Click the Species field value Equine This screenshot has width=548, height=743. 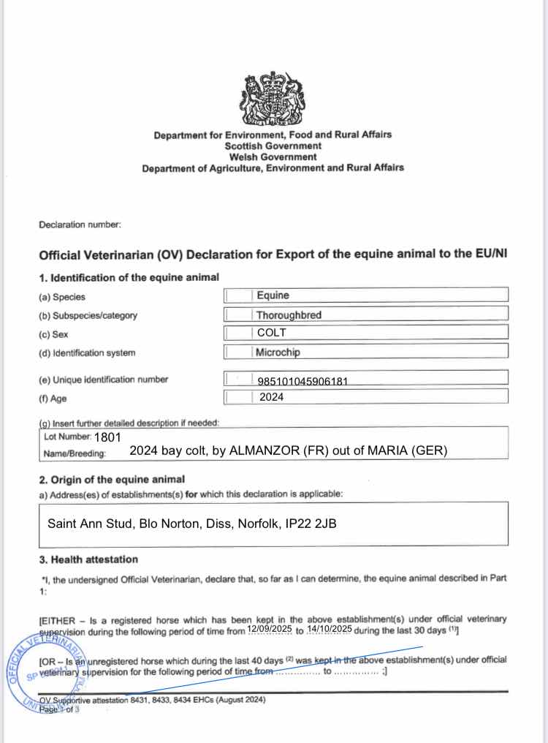(x=273, y=295)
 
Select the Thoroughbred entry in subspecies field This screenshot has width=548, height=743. (x=289, y=315)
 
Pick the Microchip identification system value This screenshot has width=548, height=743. (x=278, y=352)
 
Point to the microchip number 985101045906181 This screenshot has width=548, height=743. (x=308, y=381)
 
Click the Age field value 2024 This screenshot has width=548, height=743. (x=271, y=397)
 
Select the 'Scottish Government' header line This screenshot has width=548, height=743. (x=272, y=146)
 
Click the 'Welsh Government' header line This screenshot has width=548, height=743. (x=272, y=156)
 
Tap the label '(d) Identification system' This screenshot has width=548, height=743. (x=87, y=353)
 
